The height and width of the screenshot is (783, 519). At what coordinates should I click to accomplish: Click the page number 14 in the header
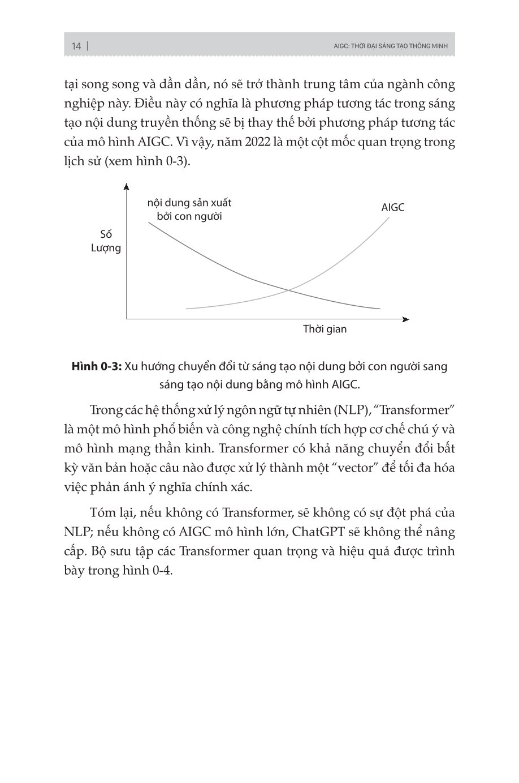[76, 46]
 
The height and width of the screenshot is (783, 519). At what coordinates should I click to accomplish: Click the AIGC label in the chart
[393, 208]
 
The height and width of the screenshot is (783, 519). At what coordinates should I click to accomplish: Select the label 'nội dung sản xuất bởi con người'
[189, 209]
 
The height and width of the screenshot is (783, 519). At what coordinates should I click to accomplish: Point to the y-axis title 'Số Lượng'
[106, 241]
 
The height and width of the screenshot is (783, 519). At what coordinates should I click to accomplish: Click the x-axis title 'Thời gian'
[325, 329]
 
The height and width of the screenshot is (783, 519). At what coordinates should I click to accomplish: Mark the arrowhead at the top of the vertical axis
[127, 186]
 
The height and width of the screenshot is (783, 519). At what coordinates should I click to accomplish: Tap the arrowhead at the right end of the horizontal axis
[405, 319]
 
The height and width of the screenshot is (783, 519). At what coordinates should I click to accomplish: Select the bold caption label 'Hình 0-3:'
[97, 366]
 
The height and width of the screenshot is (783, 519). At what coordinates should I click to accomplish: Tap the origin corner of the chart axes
[127, 319]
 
